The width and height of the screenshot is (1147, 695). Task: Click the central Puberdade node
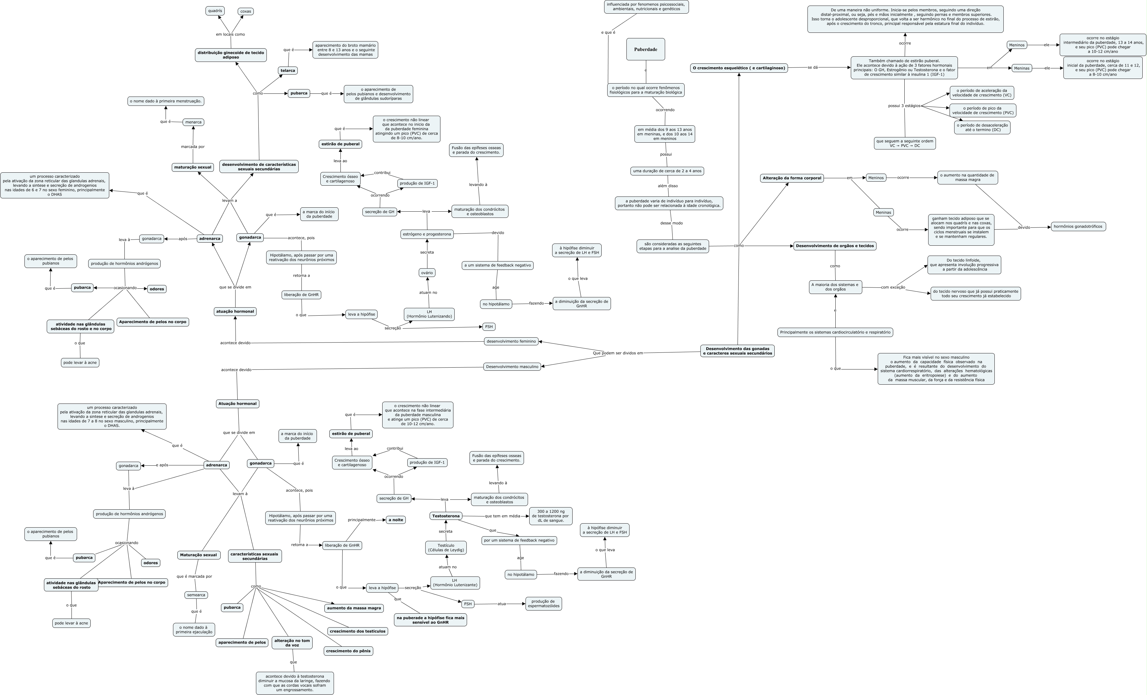pyautogui.click(x=645, y=49)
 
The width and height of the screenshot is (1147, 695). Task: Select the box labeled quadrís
pyautogui.click(x=215, y=11)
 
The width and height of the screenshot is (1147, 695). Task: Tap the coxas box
pyautogui.click(x=245, y=11)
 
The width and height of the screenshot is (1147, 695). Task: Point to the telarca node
pyautogui.click(x=288, y=71)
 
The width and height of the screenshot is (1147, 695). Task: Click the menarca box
pyautogui.click(x=193, y=123)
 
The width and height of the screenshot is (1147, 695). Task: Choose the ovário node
pyautogui.click(x=427, y=273)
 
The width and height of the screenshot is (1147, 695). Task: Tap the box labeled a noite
pyautogui.click(x=396, y=520)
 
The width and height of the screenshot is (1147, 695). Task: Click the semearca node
pyautogui.click(x=196, y=595)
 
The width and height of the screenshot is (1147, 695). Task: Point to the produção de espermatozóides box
pyautogui.click(x=543, y=604)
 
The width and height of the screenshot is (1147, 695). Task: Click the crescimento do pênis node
pyautogui.click(x=348, y=651)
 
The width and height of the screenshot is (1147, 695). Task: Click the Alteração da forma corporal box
pyautogui.click(x=792, y=178)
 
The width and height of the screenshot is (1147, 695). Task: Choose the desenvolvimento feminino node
pyautogui.click(x=511, y=341)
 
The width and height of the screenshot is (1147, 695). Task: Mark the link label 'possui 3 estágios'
pyautogui.click(x=904, y=106)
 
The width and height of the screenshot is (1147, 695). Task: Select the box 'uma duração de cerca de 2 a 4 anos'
pyautogui.click(x=667, y=171)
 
